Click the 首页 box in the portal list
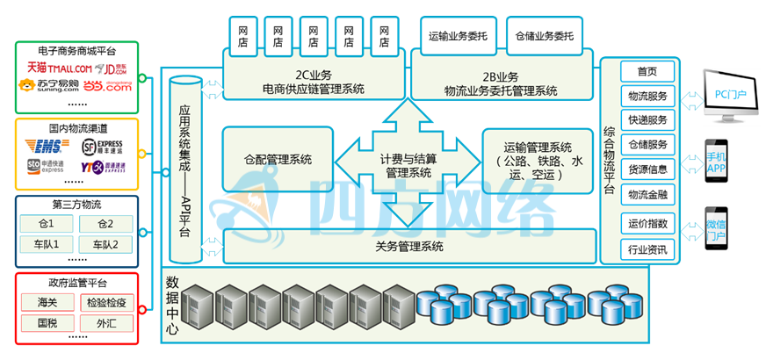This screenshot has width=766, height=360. click(x=647, y=72)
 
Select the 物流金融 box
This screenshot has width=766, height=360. click(x=647, y=192)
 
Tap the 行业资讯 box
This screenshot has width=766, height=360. click(x=647, y=250)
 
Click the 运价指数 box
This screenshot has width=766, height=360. click(x=647, y=223)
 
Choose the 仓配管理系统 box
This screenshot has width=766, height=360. click(x=278, y=159)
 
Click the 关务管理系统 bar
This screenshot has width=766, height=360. click(x=408, y=246)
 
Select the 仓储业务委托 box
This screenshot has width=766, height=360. click(x=544, y=36)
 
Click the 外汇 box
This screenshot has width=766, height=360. click(x=106, y=322)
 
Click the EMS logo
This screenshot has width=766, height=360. click(x=43, y=144)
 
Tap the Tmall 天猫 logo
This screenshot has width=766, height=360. click(x=58, y=67)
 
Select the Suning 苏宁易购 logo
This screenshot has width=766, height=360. click(x=49, y=85)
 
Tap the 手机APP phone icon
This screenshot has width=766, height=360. click(x=718, y=161)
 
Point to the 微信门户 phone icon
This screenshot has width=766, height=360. click(x=718, y=230)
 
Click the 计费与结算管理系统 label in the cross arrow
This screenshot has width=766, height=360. click(x=408, y=166)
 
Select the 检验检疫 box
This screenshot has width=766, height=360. click(x=106, y=303)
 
